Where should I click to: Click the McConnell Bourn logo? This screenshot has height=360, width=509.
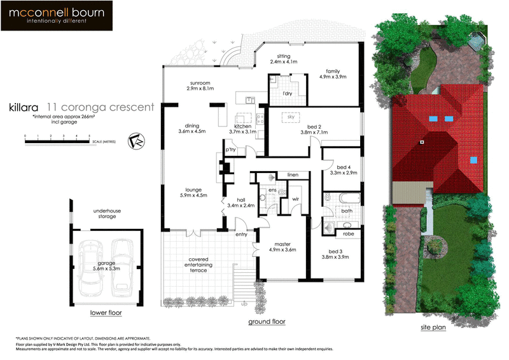point(57,16)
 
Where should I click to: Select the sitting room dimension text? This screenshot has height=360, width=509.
point(282,62)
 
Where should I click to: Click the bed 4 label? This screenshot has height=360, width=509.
point(343,167)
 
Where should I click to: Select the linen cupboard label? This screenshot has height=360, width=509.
point(292,174)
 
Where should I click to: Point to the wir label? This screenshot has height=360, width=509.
point(295,199)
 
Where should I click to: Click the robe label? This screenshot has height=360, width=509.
point(348,233)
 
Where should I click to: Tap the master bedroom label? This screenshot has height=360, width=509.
point(282,244)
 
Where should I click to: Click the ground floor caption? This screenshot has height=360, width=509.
point(267,322)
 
